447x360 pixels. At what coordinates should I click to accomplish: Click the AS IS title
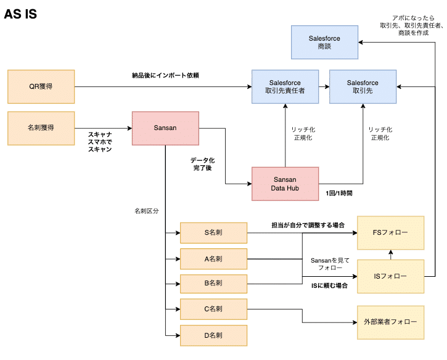click(x=20, y=15)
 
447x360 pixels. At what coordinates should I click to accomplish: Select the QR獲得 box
click(x=41, y=86)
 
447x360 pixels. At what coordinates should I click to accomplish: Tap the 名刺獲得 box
click(x=41, y=128)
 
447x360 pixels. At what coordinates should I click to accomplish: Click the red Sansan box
click(x=165, y=128)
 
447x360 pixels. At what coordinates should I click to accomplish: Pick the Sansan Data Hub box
click(x=285, y=184)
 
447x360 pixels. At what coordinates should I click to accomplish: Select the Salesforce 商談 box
click(x=324, y=42)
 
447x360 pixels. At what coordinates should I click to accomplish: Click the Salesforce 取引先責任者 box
click(x=285, y=86)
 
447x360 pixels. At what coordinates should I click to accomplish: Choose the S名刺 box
click(x=213, y=233)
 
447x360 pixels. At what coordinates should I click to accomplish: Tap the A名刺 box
click(x=213, y=259)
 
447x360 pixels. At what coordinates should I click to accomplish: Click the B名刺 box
click(x=213, y=283)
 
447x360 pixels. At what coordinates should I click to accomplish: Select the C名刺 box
click(x=213, y=309)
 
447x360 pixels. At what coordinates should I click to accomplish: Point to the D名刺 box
click(x=213, y=335)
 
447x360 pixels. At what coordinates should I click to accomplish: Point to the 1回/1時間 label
click(x=339, y=193)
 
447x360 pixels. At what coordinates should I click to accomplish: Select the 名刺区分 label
click(x=146, y=211)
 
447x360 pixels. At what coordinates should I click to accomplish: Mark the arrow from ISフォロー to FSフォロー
click(x=390, y=255)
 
